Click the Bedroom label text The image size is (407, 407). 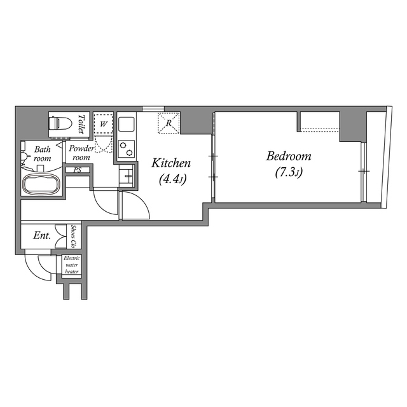click(288, 156)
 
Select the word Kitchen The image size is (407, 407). click(170, 163)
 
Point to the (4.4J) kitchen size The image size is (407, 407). click(170, 180)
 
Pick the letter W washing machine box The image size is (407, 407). click(103, 121)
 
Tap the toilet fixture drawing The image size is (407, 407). click(61, 122)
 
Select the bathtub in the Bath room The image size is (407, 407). click(40, 185)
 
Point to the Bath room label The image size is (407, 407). click(42, 153)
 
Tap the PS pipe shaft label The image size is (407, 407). click(77, 170)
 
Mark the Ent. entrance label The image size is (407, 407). click(42, 236)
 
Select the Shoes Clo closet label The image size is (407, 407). click(74, 236)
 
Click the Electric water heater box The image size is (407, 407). click(71, 265)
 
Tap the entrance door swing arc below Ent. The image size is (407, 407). click(36, 264)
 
